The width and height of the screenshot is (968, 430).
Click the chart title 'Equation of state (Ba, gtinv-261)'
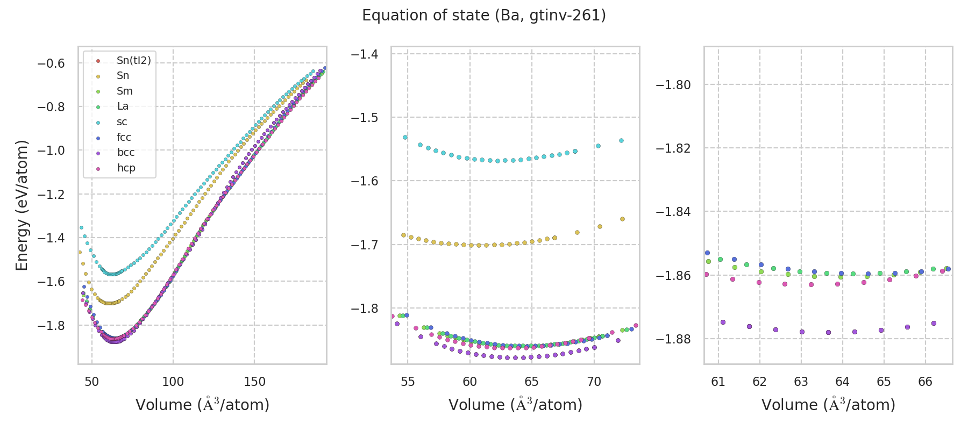[x=484, y=16]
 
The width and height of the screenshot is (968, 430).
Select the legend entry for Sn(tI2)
[x=133, y=61]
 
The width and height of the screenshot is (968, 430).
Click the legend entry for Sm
[x=124, y=91]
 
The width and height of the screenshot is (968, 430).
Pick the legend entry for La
[x=123, y=106]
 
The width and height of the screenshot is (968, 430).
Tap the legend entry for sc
[x=122, y=122]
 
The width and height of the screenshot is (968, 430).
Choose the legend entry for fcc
[x=124, y=138]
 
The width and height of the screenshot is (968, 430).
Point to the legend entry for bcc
[x=125, y=153]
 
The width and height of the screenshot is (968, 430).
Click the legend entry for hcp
[x=126, y=168]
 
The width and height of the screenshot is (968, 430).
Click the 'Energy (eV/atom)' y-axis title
[x=22, y=205]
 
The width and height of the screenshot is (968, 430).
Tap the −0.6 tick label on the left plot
[x=51, y=63]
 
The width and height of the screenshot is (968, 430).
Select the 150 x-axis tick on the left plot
[x=254, y=382]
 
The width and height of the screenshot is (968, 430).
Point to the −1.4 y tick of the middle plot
[x=364, y=54]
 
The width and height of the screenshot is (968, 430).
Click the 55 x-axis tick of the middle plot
[x=408, y=382]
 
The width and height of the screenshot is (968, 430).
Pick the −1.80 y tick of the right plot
[x=673, y=85]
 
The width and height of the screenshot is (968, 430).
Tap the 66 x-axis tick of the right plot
[x=926, y=382]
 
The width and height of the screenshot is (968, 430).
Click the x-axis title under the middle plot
[x=515, y=405]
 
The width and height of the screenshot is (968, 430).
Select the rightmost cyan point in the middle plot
[x=621, y=140]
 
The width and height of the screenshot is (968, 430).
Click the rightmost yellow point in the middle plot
[x=622, y=219]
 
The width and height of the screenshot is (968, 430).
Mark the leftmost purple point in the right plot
[x=723, y=322]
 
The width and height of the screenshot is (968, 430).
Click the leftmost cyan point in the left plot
[x=81, y=227]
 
